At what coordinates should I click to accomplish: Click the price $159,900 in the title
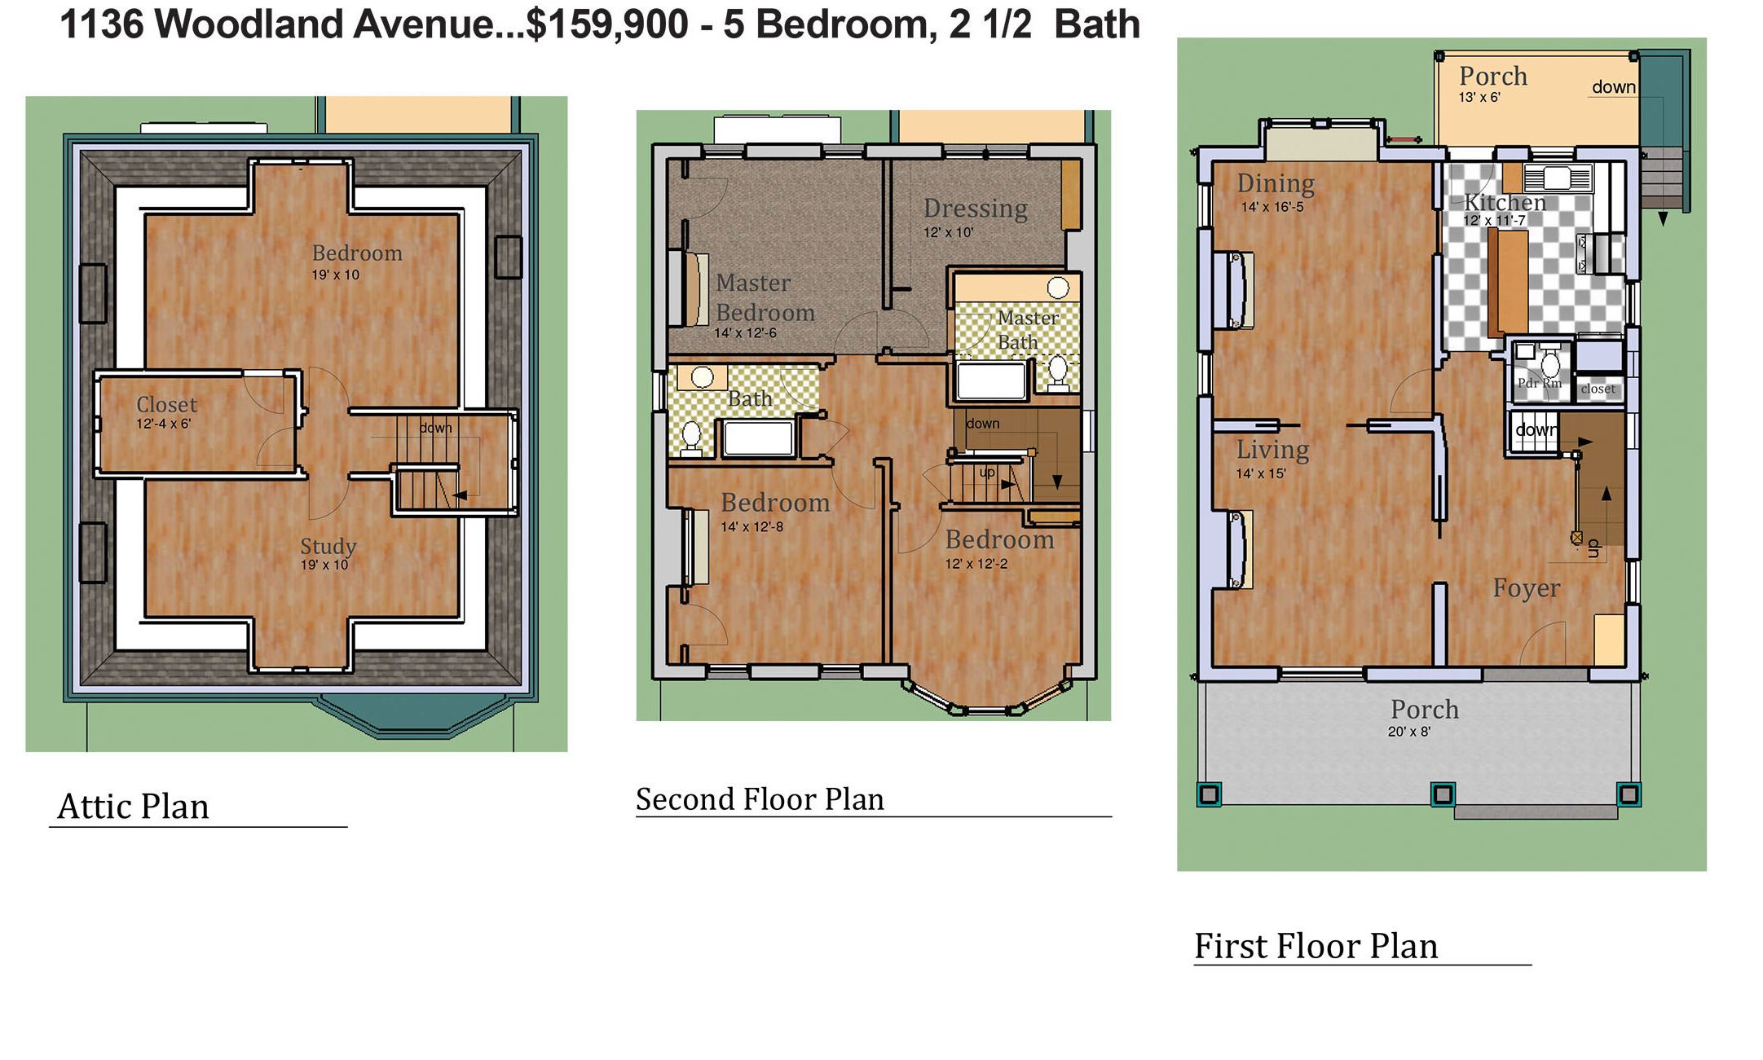click(x=607, y=24)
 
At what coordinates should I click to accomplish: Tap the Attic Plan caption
click(x=134, y=807)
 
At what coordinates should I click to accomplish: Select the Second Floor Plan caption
click(x=760, y=799)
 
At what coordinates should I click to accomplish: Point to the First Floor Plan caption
click(x=1316, y=946)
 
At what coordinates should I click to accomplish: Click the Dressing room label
click(x=975, y=209)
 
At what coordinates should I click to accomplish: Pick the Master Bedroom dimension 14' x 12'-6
click(x=745, y=333)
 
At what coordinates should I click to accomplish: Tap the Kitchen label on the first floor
click(x=1505, y=202)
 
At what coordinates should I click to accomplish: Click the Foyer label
click(x=1526, y=588)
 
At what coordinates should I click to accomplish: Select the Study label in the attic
click(x=328, y=547)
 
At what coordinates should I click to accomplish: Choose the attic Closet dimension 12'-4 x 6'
click(x=163, y=424)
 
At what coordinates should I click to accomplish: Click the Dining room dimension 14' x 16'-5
click(x=1272, y=207)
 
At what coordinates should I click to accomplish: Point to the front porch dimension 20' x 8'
click(x=1408, y=732)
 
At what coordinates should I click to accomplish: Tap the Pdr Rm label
click(x=1539, y=383)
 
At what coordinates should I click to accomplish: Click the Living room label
click(x=1272, y=450)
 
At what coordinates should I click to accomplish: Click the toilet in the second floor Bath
click(x=691, y=437)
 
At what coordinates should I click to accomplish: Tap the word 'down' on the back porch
click(x=1614, y=87)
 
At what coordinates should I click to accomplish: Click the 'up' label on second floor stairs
click(x=987, y=473)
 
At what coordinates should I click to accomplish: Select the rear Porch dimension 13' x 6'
click(x=1479, y=98)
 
